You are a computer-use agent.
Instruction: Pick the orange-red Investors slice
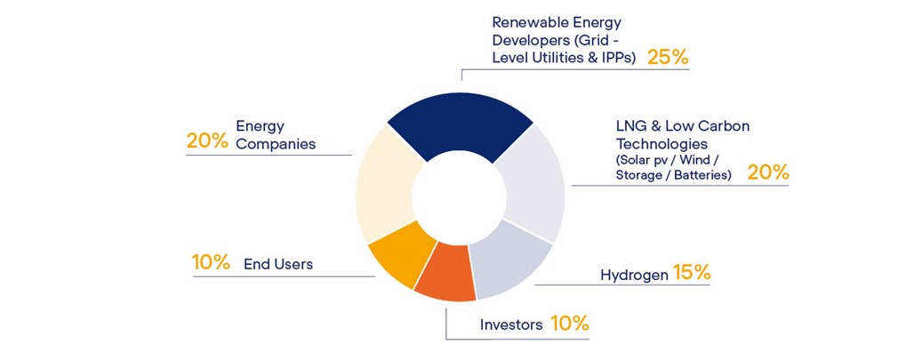tap(445, 271)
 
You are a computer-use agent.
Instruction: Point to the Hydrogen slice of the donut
tap(509, 260)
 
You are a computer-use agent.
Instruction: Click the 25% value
tap(668, 58)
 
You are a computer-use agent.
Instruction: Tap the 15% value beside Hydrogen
tap(692, 273)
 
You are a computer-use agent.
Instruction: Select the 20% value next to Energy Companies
tap(207, 141)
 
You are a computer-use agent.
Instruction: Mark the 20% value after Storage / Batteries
tap(768, 172)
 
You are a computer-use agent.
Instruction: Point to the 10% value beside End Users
tap(211, 262)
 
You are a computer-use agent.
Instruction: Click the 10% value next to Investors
tap(569, 323)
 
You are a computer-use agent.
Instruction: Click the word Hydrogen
tap(635, 276)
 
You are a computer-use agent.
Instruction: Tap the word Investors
tap(511, 324)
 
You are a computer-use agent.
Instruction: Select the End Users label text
tap(278, 265)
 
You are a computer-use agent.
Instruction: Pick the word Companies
tap(276, 144)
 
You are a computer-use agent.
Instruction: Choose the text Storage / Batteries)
tap(673, 175)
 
